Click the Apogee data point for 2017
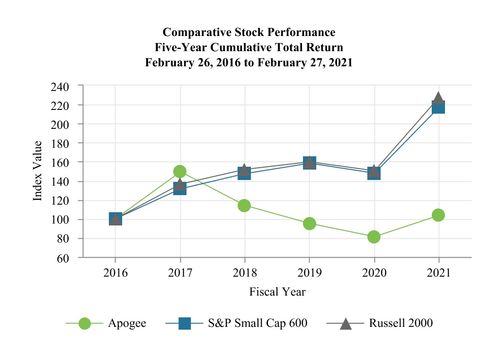coord(180,171)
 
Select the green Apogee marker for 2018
coord(244,205)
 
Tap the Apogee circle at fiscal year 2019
coord(310,224)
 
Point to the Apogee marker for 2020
coord(374,237)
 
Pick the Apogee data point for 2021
coord(438,215)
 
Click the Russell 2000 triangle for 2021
coord(438,98)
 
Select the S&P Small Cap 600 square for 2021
coord(438,108)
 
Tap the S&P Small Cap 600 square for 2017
coord(180,189)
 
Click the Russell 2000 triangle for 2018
coord(244,170)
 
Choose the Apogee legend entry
coord(126,324)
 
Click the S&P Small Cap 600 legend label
coord(258,324)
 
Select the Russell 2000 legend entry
coord(400,324)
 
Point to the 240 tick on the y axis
coord(62,86)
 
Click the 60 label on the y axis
coord(66,258)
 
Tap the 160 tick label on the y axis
coord(62,162)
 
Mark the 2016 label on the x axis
coord(115,273)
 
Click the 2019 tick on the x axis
coord(310,273)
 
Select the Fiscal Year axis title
coord(277,292)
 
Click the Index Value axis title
coord(38,171)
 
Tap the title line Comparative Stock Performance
coord(249,32)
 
